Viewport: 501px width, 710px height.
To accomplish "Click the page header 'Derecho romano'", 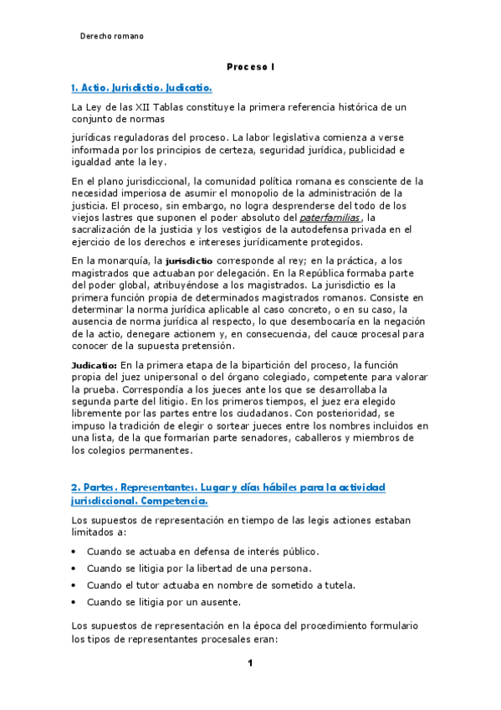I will click(111, 36).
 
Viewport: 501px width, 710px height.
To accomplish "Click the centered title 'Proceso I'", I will click(250, 66).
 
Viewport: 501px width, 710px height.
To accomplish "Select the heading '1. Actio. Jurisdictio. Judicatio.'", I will click(141, 87).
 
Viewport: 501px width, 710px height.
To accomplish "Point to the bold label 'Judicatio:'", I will click(94, 365).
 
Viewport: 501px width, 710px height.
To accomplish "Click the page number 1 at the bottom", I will click(249, 664).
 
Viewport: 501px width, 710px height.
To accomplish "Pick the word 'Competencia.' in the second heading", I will click(167, 501).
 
